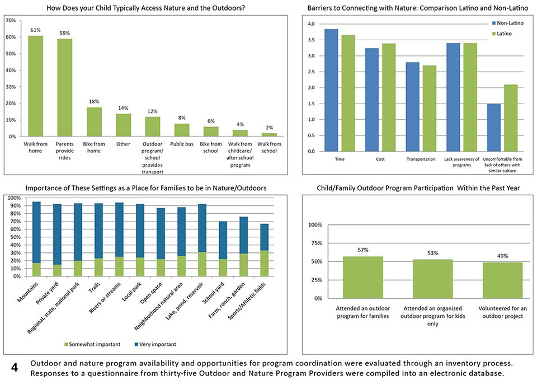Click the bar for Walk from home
pyautogui.click(x=36, y=86)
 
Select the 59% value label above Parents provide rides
pyautogui.click(x=65, y=33)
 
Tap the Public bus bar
pyautogui.click(x=181, y=130)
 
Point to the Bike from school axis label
pyautogui.click(x=211, y=147)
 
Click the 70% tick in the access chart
pyautogui.click(x=11, y=21)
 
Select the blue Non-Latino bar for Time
pyautogui.click(x=331, y=90)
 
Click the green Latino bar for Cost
pyautogui.click(x=389, y=97)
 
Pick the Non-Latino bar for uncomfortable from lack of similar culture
pyautogui.click(x=493, y=128)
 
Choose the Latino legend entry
pyautogui.click(x=502, y=34)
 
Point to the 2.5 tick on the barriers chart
pyautogui.click(x=311, y=72)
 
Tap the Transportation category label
pyautogui.click(x=421, y=159)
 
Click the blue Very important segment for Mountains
pyautogui.click(x=36, y=232)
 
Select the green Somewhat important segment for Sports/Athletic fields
pyautogui.click(x=264, y=263)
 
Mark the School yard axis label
pyautogui.click(x=214, y=292)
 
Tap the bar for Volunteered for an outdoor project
pyautogui.click(x=502, y=280)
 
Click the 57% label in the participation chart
pyautogui.click(x=363, y=250)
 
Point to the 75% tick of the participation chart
pyautogui.click(x=315, y=243)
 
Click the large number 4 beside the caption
pyautogui.click(x=15, y=368)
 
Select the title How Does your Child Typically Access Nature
pyautogui.click(x=145, y=7)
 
